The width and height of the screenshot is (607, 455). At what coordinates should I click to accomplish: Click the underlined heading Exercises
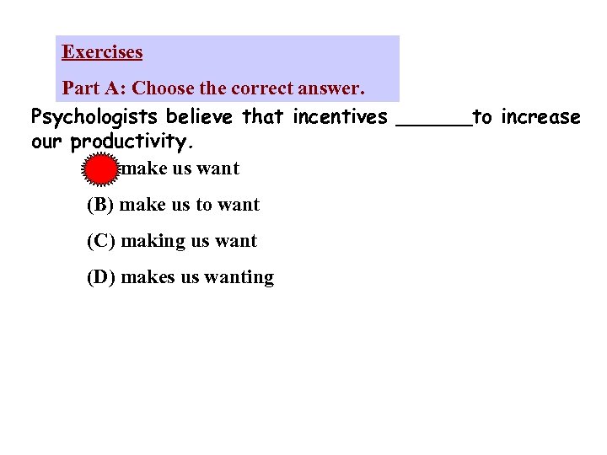pos(102,52)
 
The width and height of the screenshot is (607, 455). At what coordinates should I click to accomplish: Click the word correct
pos(234,88)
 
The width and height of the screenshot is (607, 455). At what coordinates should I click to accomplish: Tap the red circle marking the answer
pos(100,169)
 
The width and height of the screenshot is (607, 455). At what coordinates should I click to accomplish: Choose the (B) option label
pos(101,205)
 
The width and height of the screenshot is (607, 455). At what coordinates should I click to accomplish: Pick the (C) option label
pos(101,241)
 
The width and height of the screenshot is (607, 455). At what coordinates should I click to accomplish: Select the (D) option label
pos(101,277)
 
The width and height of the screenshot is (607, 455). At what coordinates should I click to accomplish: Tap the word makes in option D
pos(148,277)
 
